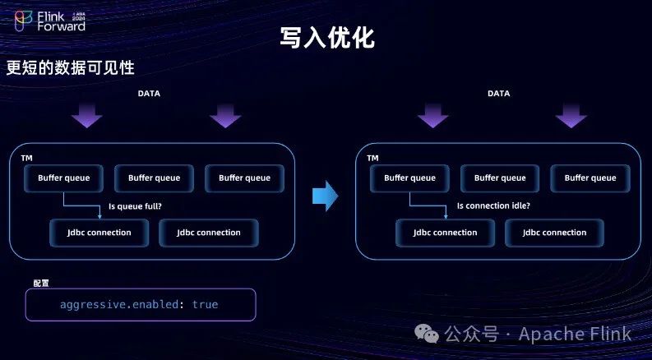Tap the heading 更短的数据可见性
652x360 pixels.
[x=70, y=68]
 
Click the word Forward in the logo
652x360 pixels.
[x=62, y=25]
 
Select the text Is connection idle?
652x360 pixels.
[x=493, y=206]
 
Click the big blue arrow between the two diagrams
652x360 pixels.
[x=326, y=196]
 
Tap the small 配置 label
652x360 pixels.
[x=41, y=283]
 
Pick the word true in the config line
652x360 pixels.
[x=206, y=304]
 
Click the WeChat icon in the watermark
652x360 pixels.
[x=426, y=333]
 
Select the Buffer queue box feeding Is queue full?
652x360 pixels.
[x=63, y=178]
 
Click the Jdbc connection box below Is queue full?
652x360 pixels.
[x=99, y=233]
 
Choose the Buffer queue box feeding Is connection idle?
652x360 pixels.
[x=409, y=178]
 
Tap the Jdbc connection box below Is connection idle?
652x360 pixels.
[x=445, y=233]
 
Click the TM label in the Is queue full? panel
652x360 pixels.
[x=27, y=157]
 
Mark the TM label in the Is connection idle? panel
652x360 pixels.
[x=373, y=157]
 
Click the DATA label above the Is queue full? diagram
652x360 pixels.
[x=149, y=94]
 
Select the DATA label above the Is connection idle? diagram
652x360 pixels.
[x=498, y=94]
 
